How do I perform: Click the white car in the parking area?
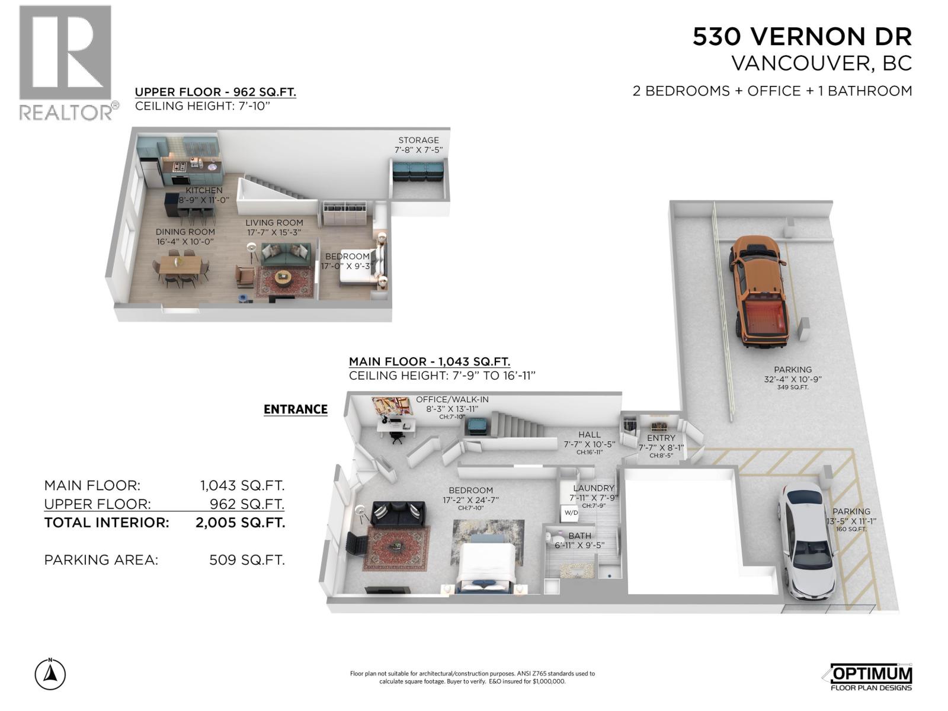(806, 540)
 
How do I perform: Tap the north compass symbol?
(50, 673)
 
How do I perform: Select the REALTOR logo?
(68, 63)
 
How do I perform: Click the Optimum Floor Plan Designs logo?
(870, 677)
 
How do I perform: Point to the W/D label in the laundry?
(571, 513)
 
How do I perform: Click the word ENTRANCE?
(296, 409)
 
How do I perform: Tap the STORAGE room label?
(418, 140)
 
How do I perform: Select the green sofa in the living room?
(286, 255)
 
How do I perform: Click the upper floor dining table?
(181, 265)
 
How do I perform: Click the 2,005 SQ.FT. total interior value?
(240, 523)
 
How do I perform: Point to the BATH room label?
(579, 536)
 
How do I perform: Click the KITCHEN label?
(204, 190)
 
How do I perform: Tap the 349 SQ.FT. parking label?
(793, 387)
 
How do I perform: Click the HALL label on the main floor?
(590, 435)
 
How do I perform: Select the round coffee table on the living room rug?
(284, 277)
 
